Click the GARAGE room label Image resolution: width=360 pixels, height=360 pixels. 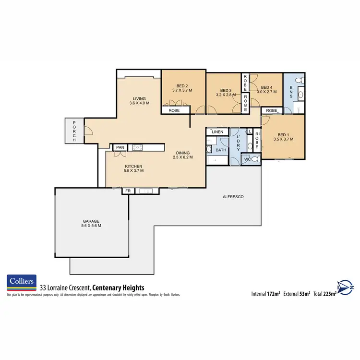90,222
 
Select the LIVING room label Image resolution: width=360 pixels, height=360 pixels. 139,100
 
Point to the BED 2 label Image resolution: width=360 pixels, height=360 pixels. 182,85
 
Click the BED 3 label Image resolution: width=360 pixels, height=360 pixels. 226,90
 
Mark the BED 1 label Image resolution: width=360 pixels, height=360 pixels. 283,135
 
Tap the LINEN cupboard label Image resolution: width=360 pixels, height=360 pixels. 218,132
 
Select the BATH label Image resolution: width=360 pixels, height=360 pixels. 221,150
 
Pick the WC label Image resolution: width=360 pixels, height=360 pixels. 247,159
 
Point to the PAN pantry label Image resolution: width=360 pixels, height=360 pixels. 120,147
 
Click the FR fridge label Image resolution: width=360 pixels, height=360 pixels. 128,191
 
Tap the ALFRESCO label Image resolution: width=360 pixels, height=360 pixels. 231,197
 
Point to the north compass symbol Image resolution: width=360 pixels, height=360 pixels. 345,287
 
